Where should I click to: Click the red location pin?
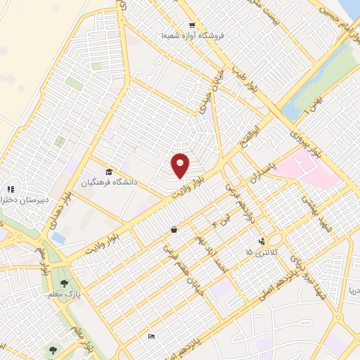click(180, 164)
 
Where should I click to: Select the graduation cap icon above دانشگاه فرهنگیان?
click(109, 172)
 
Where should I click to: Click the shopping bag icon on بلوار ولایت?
click(174, 229)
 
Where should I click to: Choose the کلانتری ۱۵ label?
click(259, 252)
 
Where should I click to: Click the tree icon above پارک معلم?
click(65, 283)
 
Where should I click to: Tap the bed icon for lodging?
click(152, 337)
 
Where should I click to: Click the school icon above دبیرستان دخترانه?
click(11, 188)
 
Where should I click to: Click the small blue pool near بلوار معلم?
click(58, 238)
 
